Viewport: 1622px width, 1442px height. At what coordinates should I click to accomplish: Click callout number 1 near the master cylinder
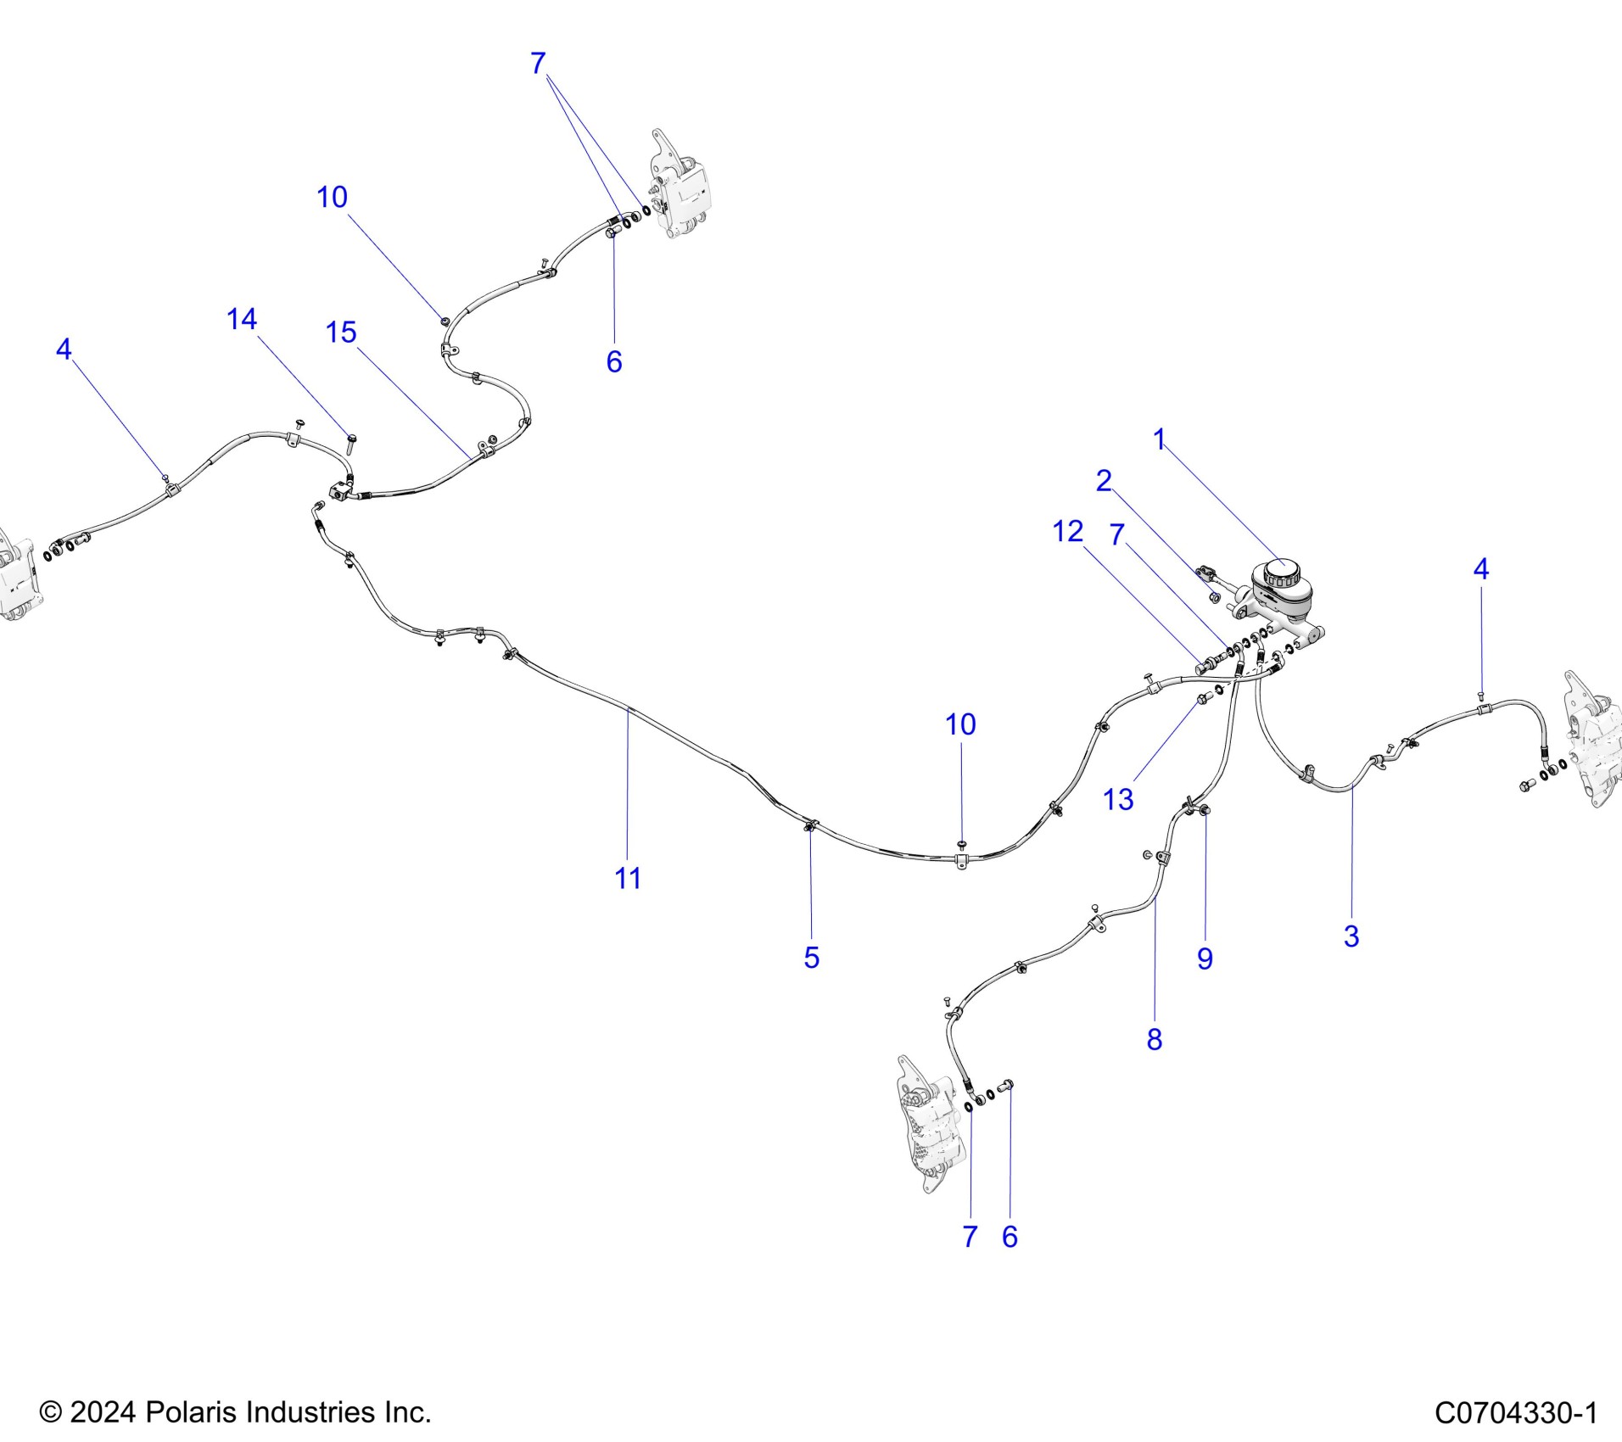pos(1159,439)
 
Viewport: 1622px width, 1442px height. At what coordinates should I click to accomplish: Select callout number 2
pos(1103,481)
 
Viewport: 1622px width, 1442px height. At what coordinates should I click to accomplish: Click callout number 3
pos(1351,936)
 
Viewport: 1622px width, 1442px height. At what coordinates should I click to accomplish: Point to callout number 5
pos(812,958)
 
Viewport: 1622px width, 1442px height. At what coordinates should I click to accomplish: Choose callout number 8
pos(1155,1039)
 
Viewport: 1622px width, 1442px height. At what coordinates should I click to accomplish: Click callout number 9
pos(1205,959)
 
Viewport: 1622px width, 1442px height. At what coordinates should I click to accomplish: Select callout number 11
pos(628,879)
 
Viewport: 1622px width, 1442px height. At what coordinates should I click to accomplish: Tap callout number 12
pos(1067,532)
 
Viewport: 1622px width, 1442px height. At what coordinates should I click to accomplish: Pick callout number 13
pos(1118,799)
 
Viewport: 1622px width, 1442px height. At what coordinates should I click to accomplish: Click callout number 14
pos(242,319)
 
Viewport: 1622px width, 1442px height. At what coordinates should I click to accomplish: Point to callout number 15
pos(341,333)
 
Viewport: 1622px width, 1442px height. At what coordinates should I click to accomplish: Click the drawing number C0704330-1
pos(1516,1413)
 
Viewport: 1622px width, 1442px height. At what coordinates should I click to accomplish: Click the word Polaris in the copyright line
pos(185,1413)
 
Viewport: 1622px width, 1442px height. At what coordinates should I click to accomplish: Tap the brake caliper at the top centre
pos(680,188)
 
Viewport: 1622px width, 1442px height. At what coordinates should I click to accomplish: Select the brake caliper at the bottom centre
pos(930,1124)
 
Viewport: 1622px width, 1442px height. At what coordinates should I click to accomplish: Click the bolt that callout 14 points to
pos(351,442)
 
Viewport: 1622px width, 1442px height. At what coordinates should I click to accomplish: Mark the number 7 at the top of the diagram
pos(538,64)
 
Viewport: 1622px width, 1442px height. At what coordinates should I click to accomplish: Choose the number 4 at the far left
pos(64,349)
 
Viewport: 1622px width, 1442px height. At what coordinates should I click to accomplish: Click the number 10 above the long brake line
pos(960,724)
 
